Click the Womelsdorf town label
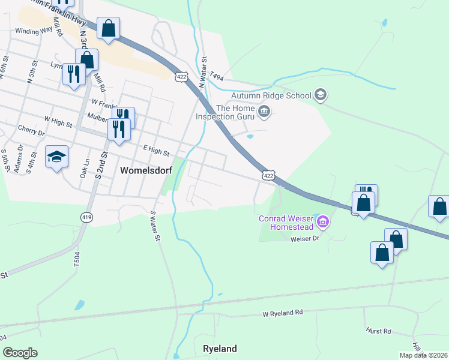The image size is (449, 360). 146,170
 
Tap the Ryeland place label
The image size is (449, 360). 220,349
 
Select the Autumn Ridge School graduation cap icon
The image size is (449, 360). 321,95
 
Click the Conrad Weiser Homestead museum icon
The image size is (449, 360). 324,223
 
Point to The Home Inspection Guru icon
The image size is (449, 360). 264,111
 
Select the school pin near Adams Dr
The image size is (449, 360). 57,157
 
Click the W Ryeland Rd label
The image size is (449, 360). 283,313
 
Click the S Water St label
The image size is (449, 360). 155,226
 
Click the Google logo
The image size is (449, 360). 20,353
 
